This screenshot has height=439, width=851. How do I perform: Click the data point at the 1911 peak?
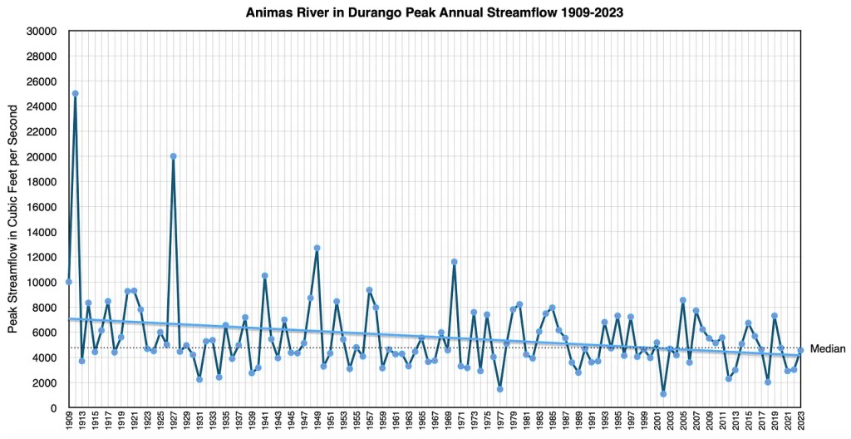pos(76,94)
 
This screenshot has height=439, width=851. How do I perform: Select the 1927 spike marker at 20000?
pos(173,156)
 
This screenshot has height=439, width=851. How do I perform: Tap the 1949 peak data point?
pos(317,248)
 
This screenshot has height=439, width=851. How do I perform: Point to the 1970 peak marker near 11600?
pos(454,262)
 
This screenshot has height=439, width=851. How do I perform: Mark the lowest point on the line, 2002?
pos(663,393)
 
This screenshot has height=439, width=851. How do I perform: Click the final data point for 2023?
pos(800,351)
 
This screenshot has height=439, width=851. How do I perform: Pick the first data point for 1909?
pos(69,282)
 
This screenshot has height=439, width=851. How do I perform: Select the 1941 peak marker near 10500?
pos(264,275)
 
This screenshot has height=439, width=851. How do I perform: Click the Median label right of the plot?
pos(827,349)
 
